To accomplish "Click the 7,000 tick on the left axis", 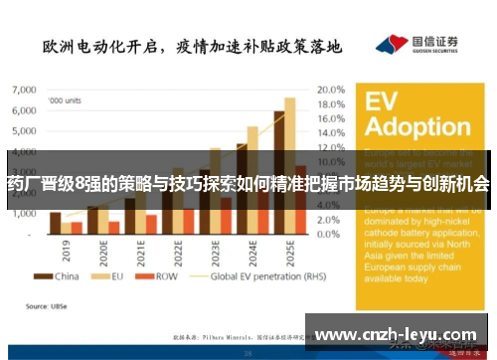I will [22, 90].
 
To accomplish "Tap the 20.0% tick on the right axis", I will [331, 90].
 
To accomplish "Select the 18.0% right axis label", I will [331, 105].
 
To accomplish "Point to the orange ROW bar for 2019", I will [77, 229].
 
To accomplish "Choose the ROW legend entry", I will [161, 276].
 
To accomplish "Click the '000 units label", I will [66, 99].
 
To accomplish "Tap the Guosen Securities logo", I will [416, 45].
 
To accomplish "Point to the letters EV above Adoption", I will [383, 102].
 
